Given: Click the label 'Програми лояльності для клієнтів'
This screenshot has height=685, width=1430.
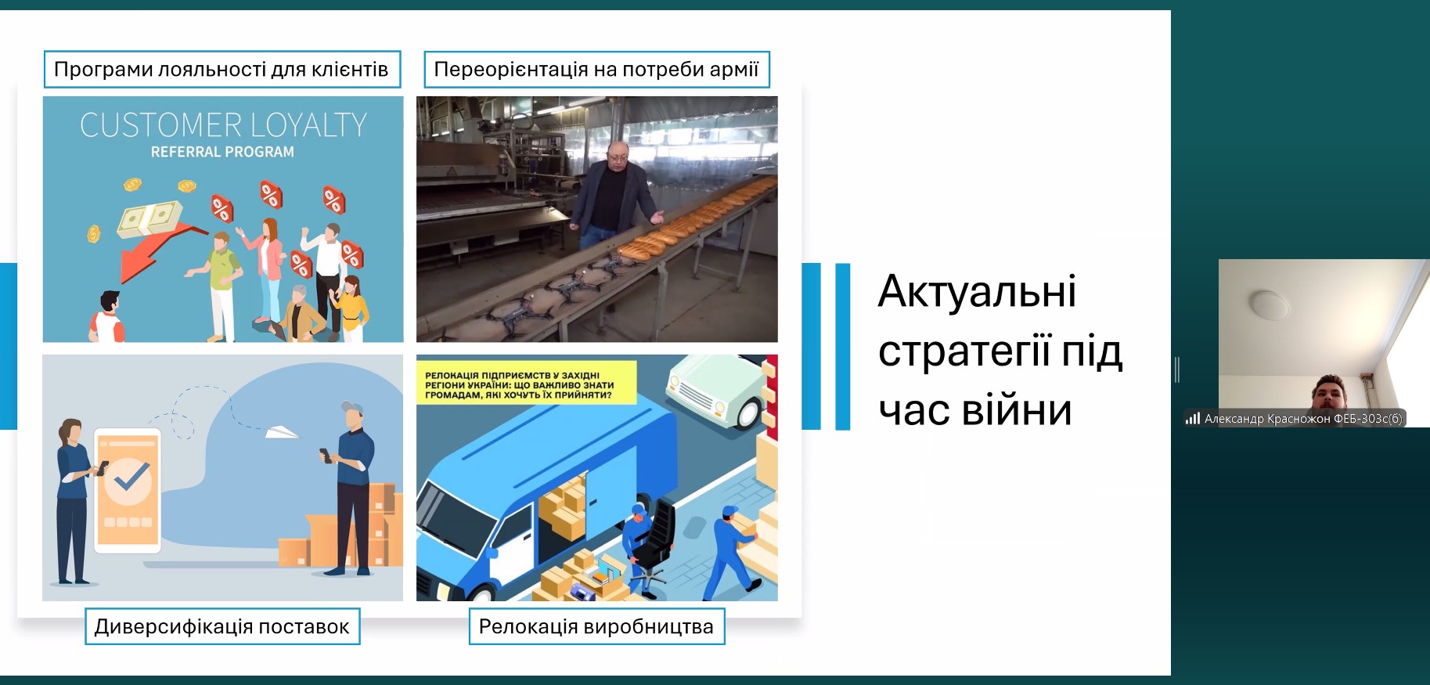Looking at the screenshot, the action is pyautogui.click(x=222, y=70).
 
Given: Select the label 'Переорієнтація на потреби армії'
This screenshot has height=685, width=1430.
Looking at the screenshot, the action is pyautogui.click(x=596, y=70).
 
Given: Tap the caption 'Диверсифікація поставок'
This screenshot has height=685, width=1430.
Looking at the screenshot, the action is pyautogui.click(x=222, y=626).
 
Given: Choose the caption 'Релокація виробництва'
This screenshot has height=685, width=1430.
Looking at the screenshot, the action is pyautogui.click(x=596, y=626).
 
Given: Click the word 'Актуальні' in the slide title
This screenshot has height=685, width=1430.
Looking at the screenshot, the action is pyautogui.click(x=977, y=291).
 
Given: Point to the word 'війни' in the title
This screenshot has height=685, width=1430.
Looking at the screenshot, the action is pyautogui.click(x=1017, y=409).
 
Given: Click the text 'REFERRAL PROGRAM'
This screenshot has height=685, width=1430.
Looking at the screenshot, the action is pyautogui.click(x=222, y=152).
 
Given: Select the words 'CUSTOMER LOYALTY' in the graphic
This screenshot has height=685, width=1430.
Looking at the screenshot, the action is pyautogui.click(x=223, y=125).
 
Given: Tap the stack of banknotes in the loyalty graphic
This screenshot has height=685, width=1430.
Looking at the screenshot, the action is pyautogui.click(x=149, y=218).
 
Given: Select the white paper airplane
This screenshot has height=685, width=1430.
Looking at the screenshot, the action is pyautogui.click(x=281, y=431).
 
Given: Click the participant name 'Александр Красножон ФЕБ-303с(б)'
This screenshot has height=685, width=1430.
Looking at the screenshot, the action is pyautogui.click(x=1303, y=419).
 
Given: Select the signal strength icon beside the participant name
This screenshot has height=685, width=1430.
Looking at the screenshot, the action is pyautogui.click(x=1193, y=419).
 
